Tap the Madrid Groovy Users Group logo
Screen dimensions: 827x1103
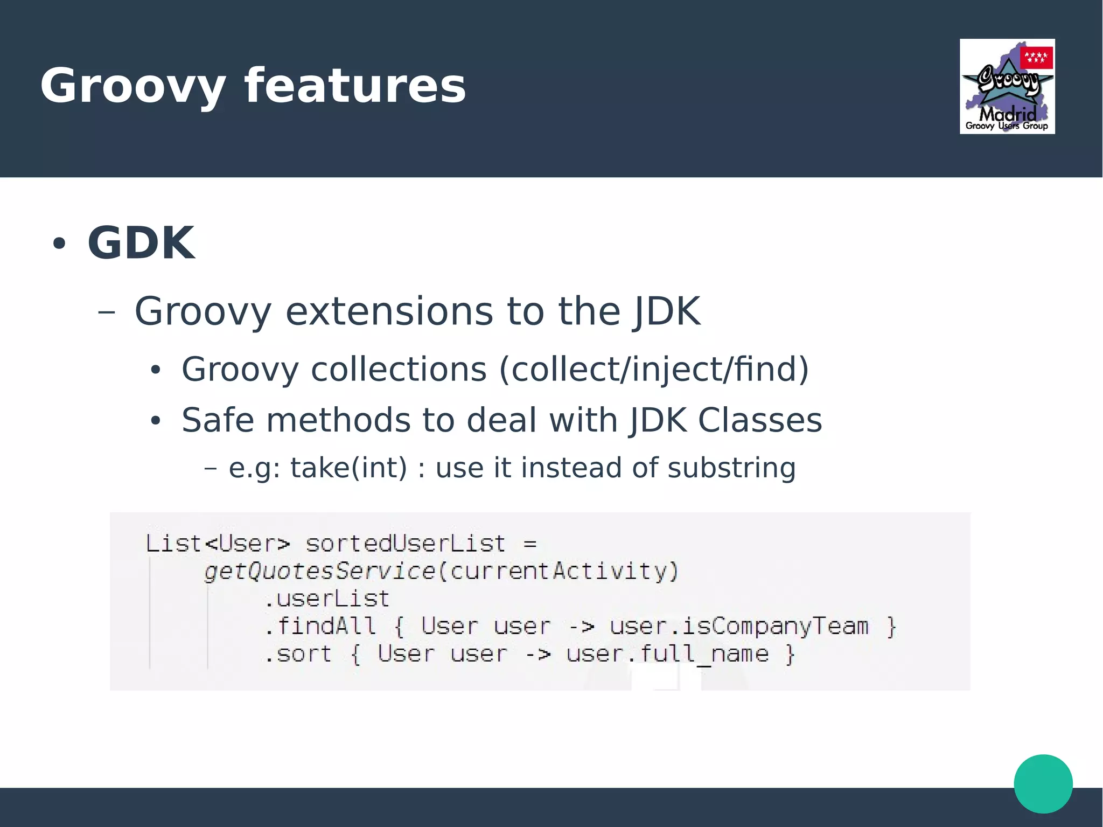(1007, 87)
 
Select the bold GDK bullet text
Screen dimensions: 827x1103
(141, 242)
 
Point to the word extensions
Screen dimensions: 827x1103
(388, 311)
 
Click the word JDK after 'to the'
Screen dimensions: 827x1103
(667, 311)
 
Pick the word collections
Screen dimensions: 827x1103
(399, 370)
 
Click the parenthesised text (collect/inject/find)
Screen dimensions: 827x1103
(654, 370)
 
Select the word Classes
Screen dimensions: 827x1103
(760, 420)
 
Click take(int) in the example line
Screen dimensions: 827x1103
(348, 468)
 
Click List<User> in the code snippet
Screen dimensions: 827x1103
(218, 544)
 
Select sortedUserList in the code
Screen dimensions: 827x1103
(406, 544)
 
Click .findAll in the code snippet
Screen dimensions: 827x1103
(320, 626)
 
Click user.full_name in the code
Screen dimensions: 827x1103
(667, 654)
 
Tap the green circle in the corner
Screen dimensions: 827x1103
(1043, 783)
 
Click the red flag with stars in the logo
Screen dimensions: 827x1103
(1036, 57)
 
